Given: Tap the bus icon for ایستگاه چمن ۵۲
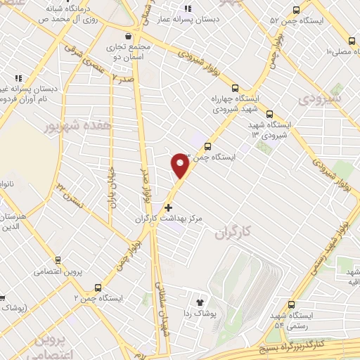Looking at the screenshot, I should [295, 11].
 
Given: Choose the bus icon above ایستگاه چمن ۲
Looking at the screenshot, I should [98, 287].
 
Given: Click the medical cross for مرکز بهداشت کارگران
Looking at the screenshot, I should [167, 207].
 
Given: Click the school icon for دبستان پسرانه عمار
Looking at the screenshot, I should [188, 8].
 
